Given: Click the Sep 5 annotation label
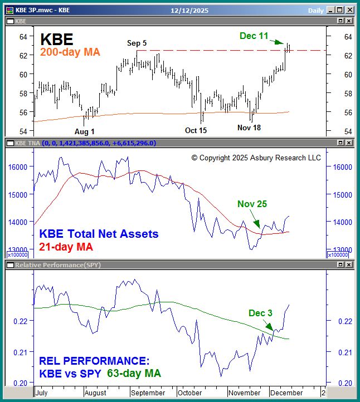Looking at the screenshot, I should tap(137, 43).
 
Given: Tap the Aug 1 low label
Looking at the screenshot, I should tap(85, 131).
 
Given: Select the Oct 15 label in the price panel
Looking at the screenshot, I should tap(196, 130).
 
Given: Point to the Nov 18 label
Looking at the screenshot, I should tap(249, 128).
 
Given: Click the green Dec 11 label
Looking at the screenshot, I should tap(254, 36).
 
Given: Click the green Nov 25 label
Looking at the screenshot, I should tap(252, 204).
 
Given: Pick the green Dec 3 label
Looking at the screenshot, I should tap(260, 313).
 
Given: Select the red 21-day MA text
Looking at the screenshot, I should tap(66, 247).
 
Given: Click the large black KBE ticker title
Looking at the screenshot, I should tap(56, 39).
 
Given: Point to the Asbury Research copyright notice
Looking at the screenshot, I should tap(256, 158).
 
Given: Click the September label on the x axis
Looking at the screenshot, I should tap(148, 393).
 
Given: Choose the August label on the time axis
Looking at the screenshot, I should tap(96, 393).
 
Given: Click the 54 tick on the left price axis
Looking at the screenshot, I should tap(23, 131).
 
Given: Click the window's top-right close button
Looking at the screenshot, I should tap(349, 10).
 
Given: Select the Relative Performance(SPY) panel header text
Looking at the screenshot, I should tap(58, 265).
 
